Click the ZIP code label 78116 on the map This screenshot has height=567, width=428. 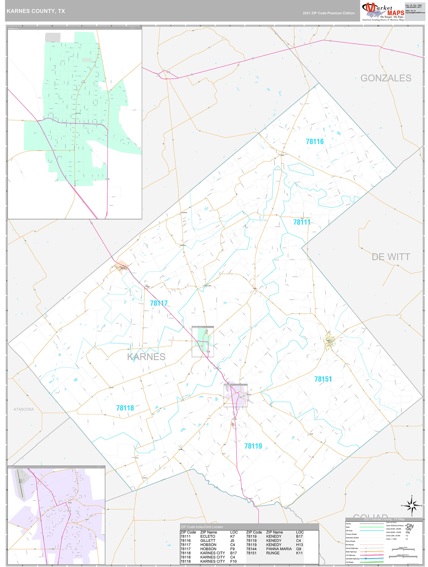[x=315, y=142]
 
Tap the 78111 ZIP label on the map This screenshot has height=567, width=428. [x=302, y=222]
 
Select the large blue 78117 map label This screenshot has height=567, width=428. [x=159, y=303]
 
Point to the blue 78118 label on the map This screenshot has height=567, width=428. [x=125, y=408]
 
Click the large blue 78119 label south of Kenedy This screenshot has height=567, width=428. [x=253, y=446]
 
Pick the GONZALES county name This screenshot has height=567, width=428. [x=386, y=78]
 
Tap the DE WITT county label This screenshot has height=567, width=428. [x=391, y=257]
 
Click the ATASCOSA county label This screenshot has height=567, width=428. [x=24, y=409]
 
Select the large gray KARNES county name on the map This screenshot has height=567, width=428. [x=146, y=357]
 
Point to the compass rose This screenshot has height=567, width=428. [x=412, y=506]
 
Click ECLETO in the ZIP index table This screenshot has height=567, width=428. [x=207, y=536]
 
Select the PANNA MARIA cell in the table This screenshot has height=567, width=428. [x=279, y=549]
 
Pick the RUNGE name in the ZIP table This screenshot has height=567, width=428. [x=273, y=553]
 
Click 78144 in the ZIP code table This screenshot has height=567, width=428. [x=251, y=549]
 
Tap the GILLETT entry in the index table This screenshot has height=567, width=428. [x=207, y=540]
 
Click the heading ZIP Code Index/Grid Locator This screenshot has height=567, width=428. [x=202, y=527]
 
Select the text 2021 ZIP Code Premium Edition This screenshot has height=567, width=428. [x=329, y=13]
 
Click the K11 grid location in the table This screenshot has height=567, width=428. [x=299, y=553]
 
